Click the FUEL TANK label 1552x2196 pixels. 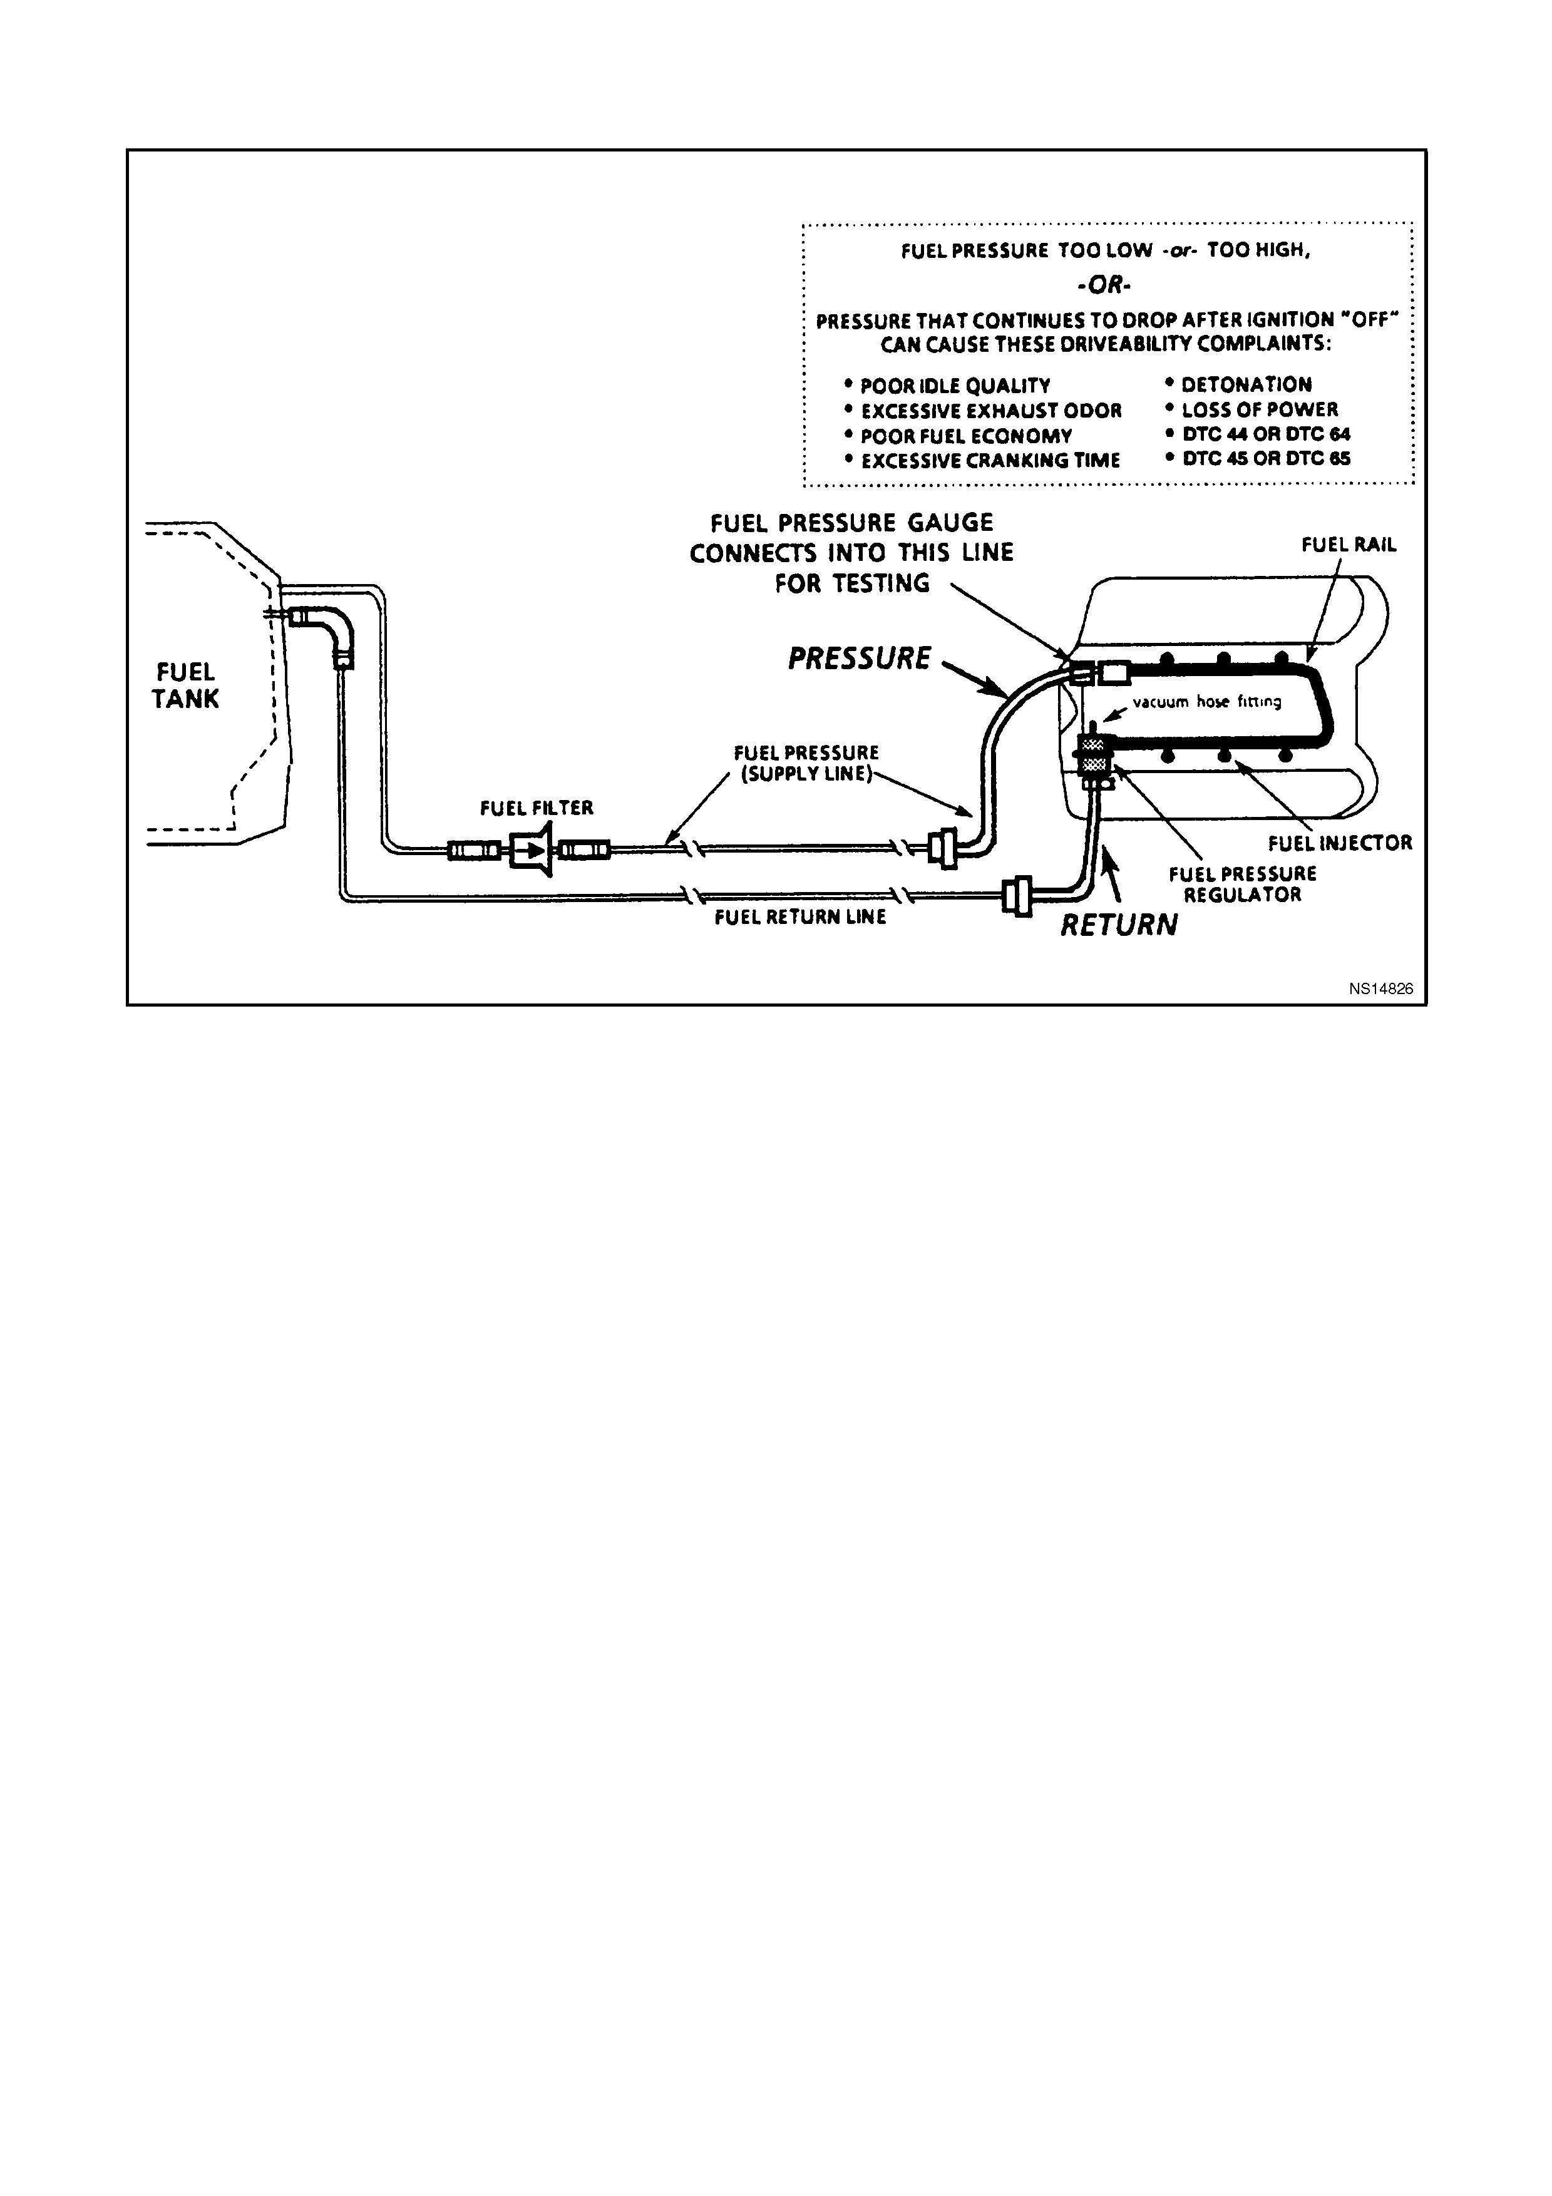185,685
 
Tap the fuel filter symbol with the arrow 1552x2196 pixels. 532,849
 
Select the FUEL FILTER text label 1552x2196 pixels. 537,808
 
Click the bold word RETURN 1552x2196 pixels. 1119,925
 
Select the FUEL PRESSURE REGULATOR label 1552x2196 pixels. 1242,884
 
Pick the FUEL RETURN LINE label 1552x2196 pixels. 800,917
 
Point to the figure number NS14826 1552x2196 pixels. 1381,989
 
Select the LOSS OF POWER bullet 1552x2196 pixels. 1251,410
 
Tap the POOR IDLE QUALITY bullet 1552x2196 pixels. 948,386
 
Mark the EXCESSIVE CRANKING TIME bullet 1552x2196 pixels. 982,461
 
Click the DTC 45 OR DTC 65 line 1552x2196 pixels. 1258,458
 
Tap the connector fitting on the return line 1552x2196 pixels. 1017,896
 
